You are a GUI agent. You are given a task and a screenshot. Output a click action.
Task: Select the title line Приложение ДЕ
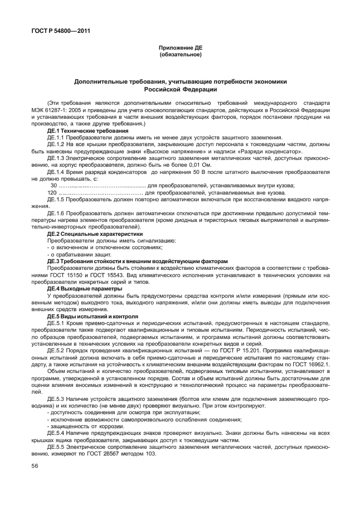pos(180,49)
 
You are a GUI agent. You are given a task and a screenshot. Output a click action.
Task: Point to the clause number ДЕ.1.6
pos(57,214)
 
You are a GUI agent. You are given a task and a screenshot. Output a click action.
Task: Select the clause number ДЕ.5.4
pos(57,432)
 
